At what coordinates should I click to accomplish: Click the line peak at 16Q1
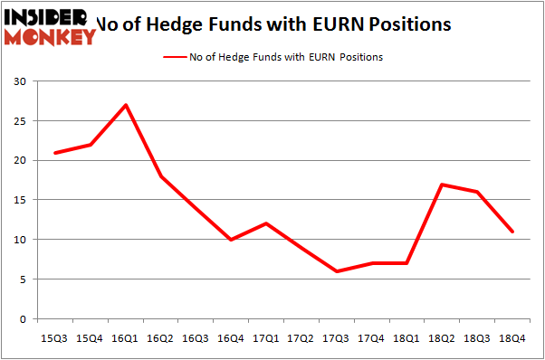click(x=126, y=105)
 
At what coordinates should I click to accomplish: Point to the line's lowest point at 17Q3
click(x=337, y=271)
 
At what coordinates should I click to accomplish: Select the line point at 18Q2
click(x=442, y=185)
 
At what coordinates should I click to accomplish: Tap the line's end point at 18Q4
click(x=512, y=232)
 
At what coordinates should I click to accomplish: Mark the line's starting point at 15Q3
click(x=56, y=152)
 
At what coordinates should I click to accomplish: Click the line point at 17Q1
click(x=266, y=223)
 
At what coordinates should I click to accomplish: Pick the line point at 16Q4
click(x=232, y=240)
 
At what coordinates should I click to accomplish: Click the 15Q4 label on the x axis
click(x=91, y=338)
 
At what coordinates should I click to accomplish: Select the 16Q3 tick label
click(x=196, y=338)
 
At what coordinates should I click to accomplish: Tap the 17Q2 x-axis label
click(x=301, y=338)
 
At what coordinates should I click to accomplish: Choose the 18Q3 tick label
click(x=477, y=338)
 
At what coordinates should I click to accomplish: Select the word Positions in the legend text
click(x=359, y=57)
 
